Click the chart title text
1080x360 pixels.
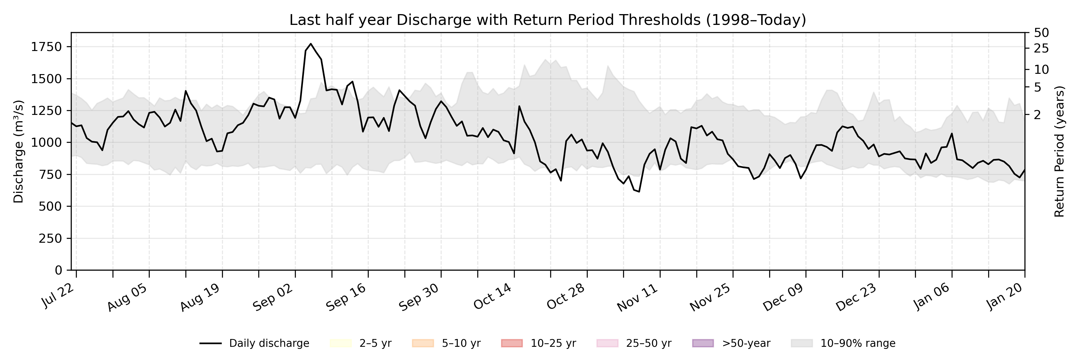[x=547, y=20]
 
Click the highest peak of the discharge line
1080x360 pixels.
[x=311, y=43]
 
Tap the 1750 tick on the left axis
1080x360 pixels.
[x=46, y=47]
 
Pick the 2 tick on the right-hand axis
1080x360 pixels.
[x=1037, y=114]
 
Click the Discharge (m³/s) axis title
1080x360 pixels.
[x=18, y=152]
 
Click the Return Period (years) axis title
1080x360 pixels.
[x=1060, y=152]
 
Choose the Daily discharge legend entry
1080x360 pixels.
[x=254, y=343]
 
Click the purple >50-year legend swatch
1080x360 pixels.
[x=703, y=343]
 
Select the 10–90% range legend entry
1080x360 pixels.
[x=843, y=343]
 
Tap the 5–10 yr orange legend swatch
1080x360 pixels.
[x=423, y=343]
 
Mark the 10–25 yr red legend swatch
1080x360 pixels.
[x=511, y=343]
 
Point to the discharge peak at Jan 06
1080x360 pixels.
[x=952, y=134]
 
